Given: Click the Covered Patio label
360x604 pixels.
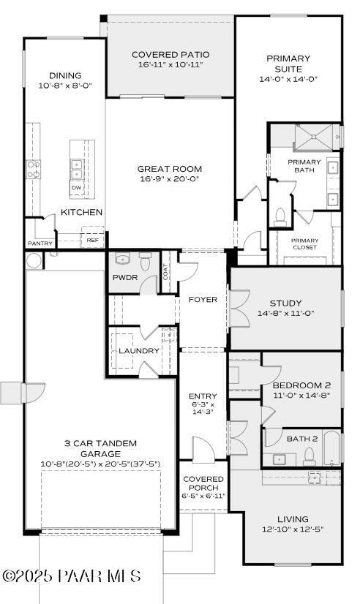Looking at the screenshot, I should tap(170, 54).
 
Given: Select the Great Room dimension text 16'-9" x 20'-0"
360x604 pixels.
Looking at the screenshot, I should tap(169, 178).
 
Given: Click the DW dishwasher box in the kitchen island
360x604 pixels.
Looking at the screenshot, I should tap(76, 188).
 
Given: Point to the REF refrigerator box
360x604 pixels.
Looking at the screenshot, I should tap(92, 239).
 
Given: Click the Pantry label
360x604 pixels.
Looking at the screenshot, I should tap(40, 243).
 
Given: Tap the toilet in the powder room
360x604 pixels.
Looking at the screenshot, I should tap(144, 260).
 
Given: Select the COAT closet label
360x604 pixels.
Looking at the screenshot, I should tap(166, 272).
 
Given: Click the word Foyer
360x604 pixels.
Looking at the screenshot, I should tap(203, 299).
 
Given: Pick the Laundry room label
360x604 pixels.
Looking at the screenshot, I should tap(139, 350).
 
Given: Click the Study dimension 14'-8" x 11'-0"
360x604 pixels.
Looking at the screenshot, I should tap(285, 313).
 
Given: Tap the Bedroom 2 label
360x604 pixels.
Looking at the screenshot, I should tap(301, 385).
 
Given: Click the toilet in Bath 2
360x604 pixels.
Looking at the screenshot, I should tap(309, 457).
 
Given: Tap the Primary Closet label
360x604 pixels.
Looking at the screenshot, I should tap(304, 244).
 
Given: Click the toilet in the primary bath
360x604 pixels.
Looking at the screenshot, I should tap(280, 216).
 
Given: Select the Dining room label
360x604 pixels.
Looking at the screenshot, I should tap(65, 75).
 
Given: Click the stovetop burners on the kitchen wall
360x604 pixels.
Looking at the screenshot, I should tap(34, 170).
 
